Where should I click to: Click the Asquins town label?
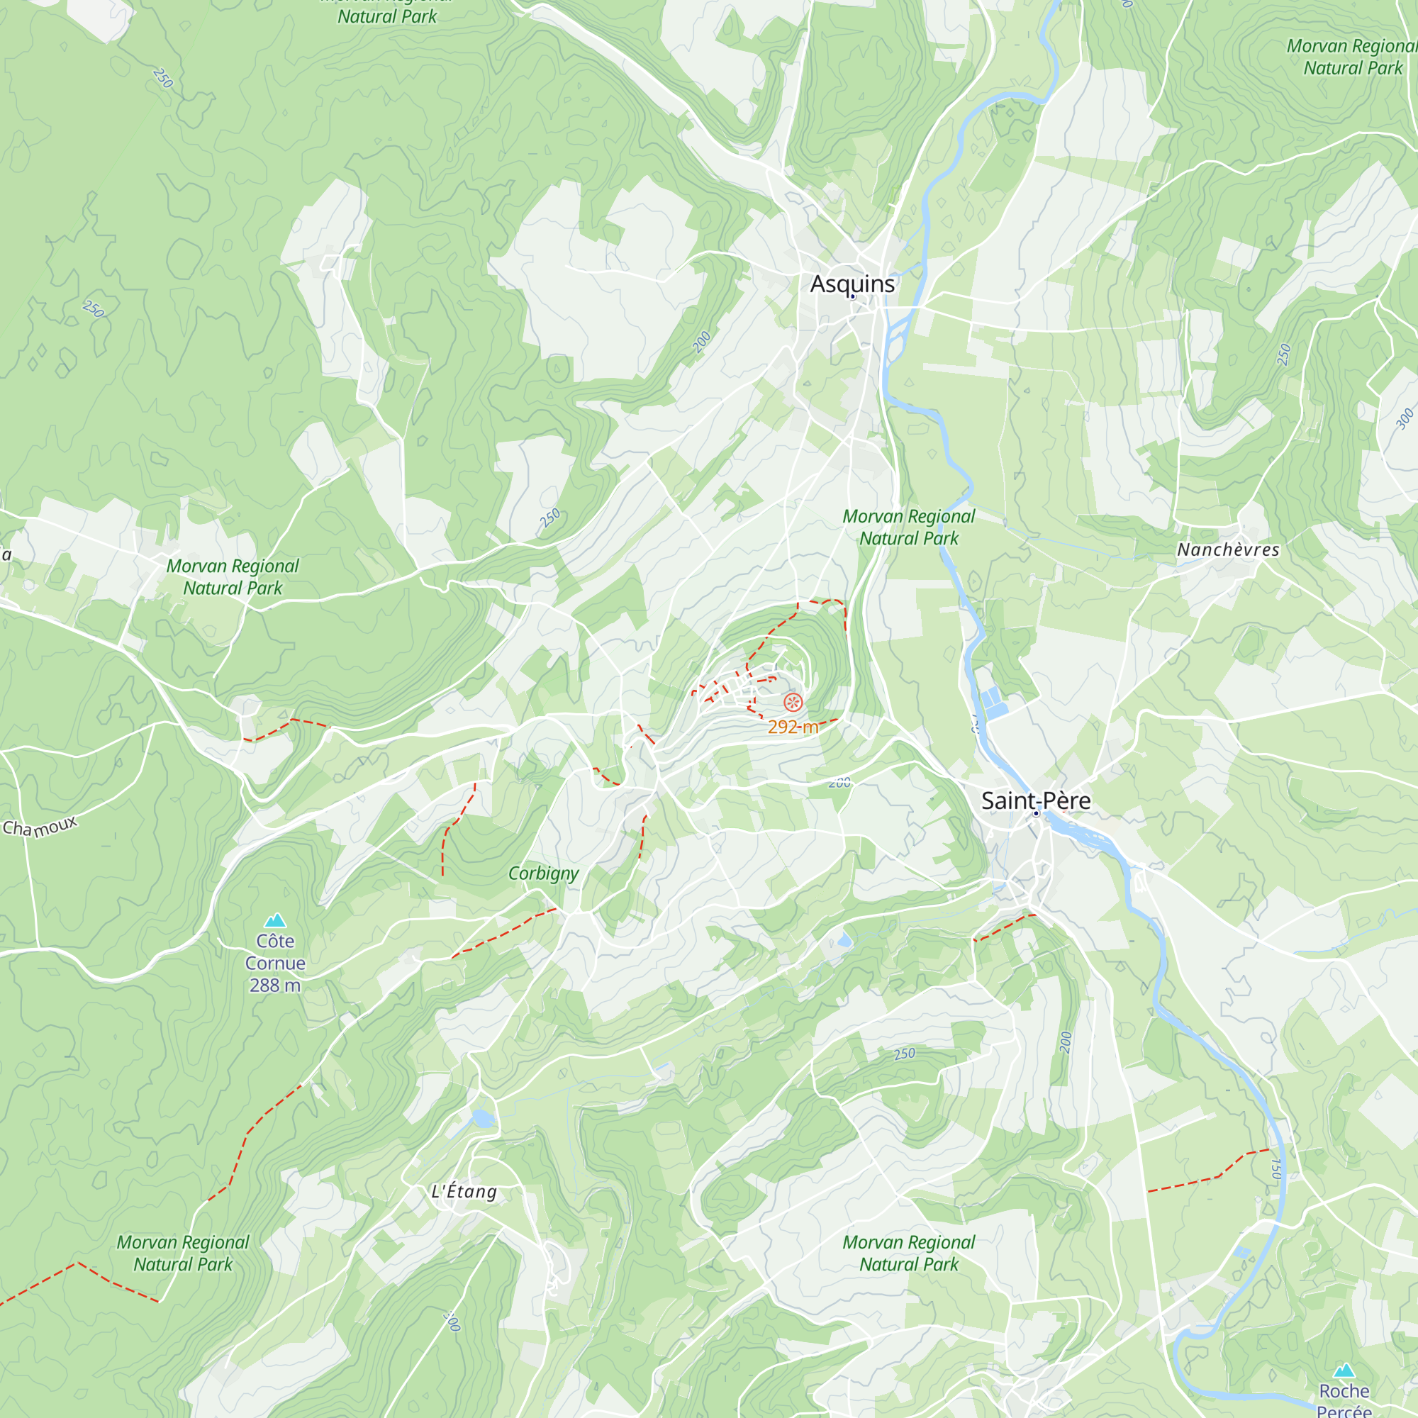(x=852, y=284)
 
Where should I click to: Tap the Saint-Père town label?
(x=1036, y=800)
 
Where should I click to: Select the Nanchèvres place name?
(x=1228, y=549)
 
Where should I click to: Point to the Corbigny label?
(x=543, y=873)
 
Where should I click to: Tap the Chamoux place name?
(x=40, y=827)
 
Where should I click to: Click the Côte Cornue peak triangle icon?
(x=275, y=920)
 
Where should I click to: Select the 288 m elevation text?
(x=275, y=985)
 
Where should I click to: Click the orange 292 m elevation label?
(x=793, y=727)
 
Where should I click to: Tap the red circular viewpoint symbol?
(x=793, y=703)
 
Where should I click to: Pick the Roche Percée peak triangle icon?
(x=1344, y=1370)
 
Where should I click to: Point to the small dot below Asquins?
(x=852, y=297)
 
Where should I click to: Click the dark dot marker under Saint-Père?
(x=1037, y=813)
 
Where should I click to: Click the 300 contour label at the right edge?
(x=1404, y=418)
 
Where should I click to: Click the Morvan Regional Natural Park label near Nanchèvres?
(x=909, y=527)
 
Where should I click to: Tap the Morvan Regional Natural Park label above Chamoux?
(x=233, y=577)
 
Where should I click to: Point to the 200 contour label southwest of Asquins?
(x=702, y=341)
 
